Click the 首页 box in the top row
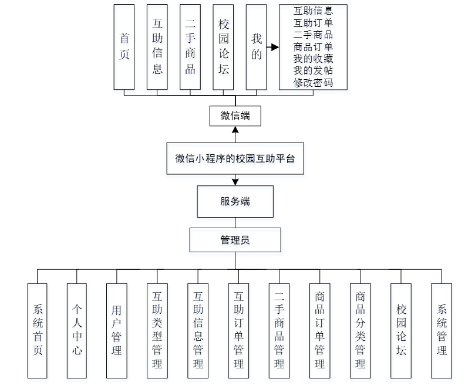(124, 47)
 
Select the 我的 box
(256, 47)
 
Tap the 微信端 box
(235, 116)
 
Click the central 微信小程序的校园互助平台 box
(235, 158)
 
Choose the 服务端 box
(235, 201)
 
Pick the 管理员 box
(235, 240)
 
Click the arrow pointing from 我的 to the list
(272, 47)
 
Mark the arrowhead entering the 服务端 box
(235, 182)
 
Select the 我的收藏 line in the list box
(313, 59)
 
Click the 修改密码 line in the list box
(313, 83)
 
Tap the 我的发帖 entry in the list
(313, 71)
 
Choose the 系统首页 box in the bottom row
(38, 330)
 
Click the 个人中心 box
(77, 330)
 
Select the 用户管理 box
(117, 330)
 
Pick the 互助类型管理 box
(157, 330)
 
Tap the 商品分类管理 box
(360, 330)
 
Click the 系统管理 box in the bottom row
(442, 330)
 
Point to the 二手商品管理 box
(279, 330)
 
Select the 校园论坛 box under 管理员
(401, 330)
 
